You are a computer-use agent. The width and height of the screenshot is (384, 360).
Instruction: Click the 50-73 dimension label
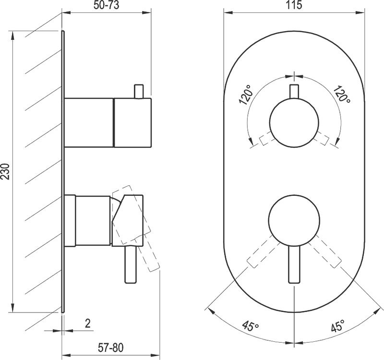[x=106, y=5]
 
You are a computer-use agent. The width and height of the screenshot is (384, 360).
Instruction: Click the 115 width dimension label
[x=294, y=5]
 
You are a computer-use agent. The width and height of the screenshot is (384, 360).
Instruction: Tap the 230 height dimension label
[x=5, y=171]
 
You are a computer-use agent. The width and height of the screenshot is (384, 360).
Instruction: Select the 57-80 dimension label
[x=111, y=348]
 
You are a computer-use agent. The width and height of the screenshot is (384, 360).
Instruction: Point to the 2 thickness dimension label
[x=88, y=324]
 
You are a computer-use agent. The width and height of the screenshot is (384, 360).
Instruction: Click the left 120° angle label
[x=246, y=95]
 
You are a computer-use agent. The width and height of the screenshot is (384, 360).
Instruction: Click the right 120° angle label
[x=342, y=94]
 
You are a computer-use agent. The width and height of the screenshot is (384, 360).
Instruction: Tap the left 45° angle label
[x=251, y=326]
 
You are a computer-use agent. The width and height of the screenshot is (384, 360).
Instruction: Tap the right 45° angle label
[x=337, y=325]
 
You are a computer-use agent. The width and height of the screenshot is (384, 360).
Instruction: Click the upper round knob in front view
[x=294, y=123]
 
